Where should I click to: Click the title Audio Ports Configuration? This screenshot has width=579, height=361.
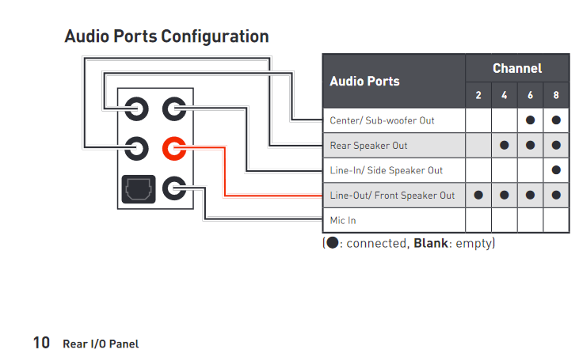click(x=166, y=36)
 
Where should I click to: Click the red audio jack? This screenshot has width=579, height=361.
click(x=174, y=147)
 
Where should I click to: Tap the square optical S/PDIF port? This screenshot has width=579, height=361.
click(x=137, y=189)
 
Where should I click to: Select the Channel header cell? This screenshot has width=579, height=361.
click(x=516, y=68)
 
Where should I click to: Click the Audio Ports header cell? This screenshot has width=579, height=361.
click(x=364, y=81)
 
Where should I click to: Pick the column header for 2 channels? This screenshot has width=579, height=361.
click(x=478, y=96)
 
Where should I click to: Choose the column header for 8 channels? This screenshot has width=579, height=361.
click(x=556, y=96)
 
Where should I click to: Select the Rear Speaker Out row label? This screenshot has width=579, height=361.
click(x=368, y=146)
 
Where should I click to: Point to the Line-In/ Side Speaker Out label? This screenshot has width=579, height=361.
click(x=386, y=170)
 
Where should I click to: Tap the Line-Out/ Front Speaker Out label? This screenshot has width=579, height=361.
click(x=392, y=195)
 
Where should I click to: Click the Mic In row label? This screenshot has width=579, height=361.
click(x=343, y=219)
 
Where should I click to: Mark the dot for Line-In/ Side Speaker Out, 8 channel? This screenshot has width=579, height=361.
click(x=556, y=170)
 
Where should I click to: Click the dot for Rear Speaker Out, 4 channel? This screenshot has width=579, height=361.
click(x=505, y=146)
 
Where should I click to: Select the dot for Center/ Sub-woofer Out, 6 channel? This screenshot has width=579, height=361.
click(x=530, y=121)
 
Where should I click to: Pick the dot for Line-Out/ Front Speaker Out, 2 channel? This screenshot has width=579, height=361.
click(x=478, y=195)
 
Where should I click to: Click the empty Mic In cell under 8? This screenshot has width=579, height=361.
click(x=556, y=219)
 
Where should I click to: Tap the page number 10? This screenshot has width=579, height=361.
click(x=41, y=343)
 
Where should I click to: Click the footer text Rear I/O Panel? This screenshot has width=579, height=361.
click(x=101, y=344)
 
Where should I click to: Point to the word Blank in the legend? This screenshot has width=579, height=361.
click(x=430, y=242)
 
